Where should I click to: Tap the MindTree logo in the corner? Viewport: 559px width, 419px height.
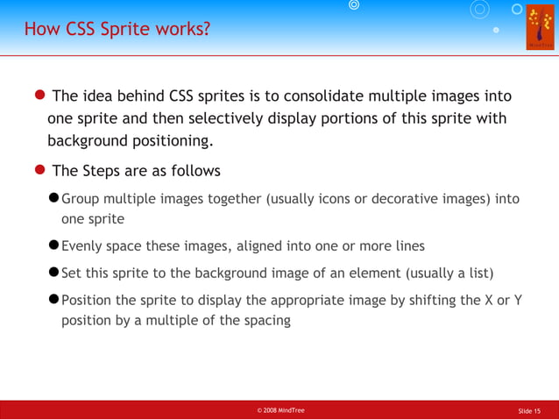(540, 27)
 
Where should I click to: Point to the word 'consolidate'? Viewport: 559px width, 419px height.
(333, 96)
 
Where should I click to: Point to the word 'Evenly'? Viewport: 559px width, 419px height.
(83, 245)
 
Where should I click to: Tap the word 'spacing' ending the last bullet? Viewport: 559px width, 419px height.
(266, 320)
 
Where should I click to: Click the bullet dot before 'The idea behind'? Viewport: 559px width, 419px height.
(40, 96)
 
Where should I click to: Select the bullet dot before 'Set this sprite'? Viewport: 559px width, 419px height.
(53, 272)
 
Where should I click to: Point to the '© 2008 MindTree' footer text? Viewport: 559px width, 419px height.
(280, 410)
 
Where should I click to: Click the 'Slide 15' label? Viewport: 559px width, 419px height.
(529, 410)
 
